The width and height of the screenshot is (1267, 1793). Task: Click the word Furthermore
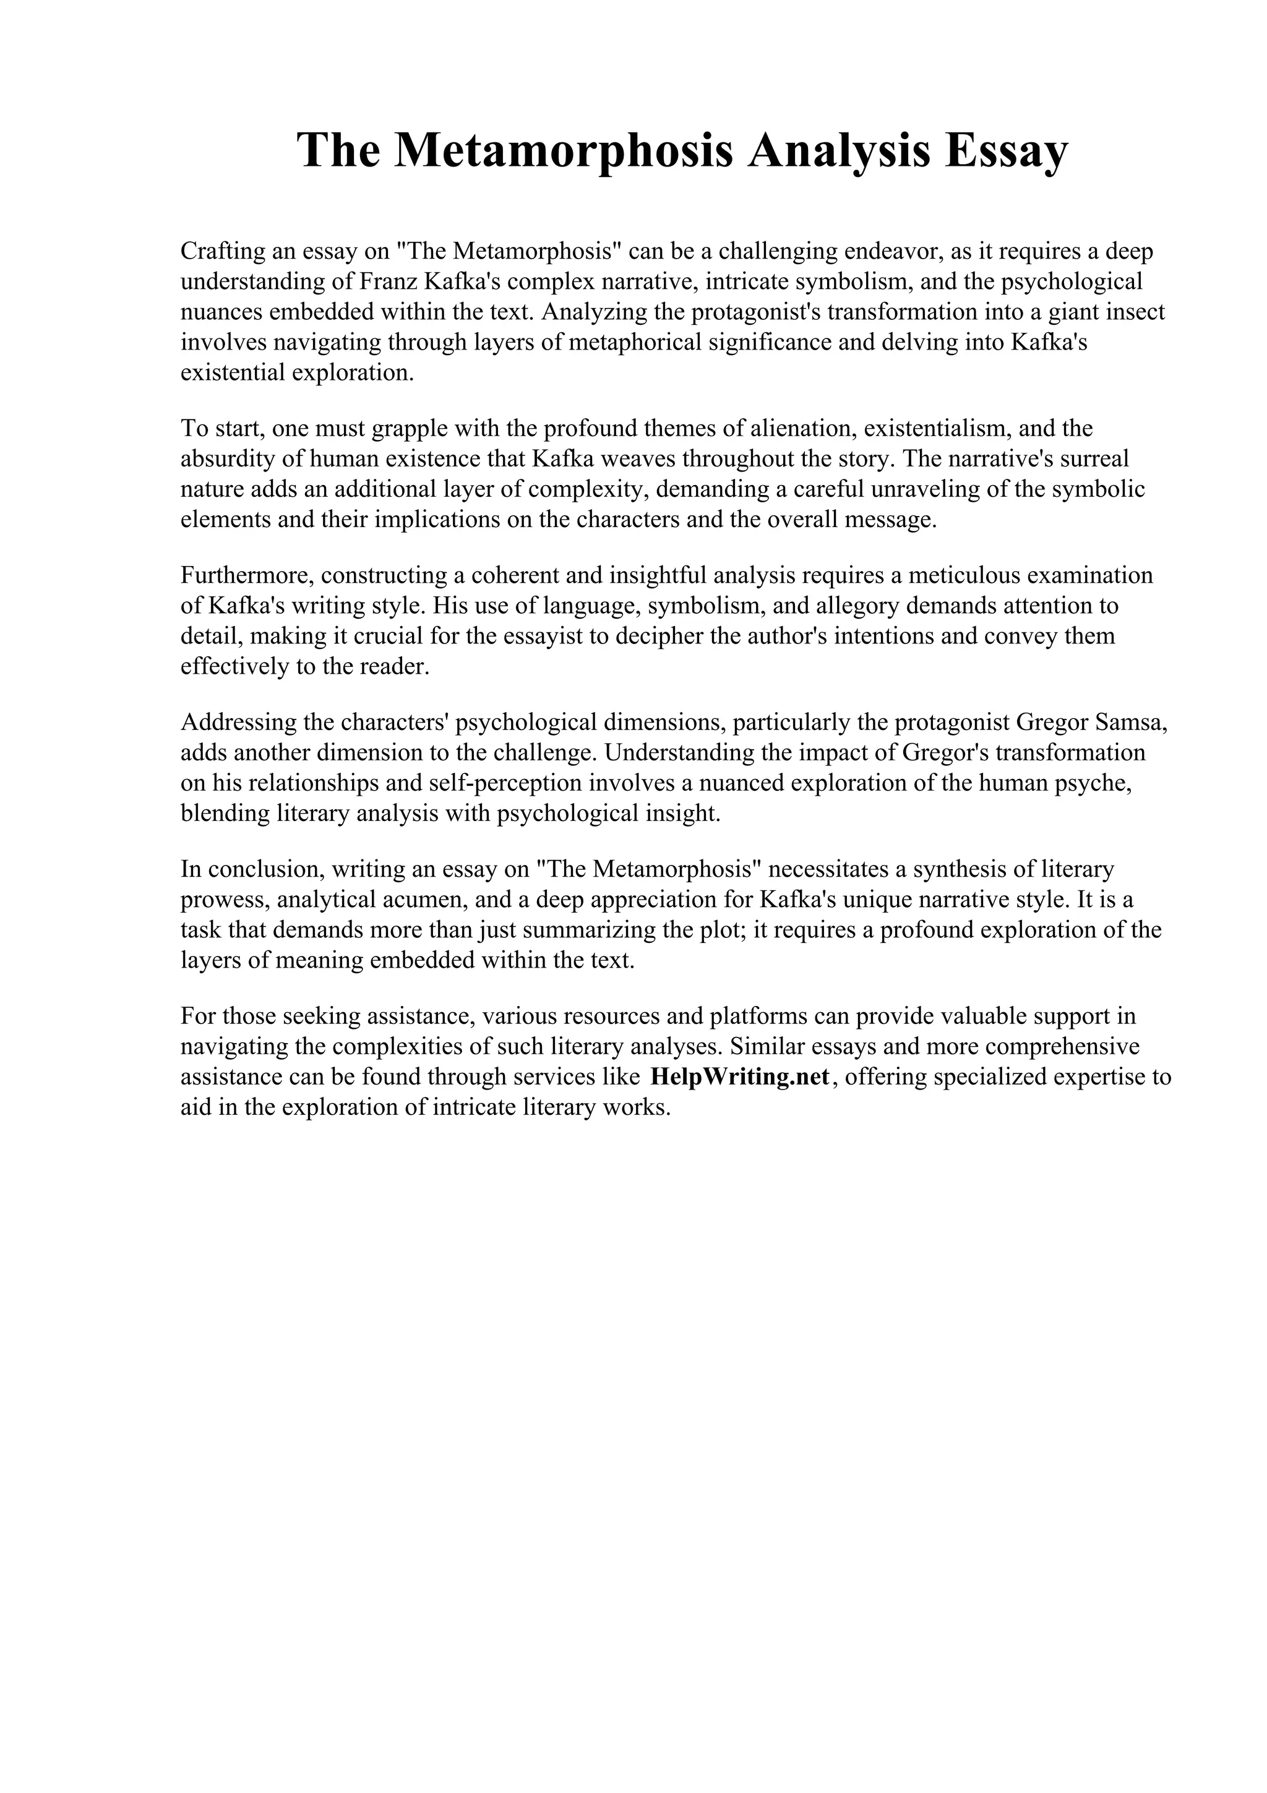[x=247, y=575]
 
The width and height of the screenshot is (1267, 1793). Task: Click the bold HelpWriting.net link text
[x=739, y=1077]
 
